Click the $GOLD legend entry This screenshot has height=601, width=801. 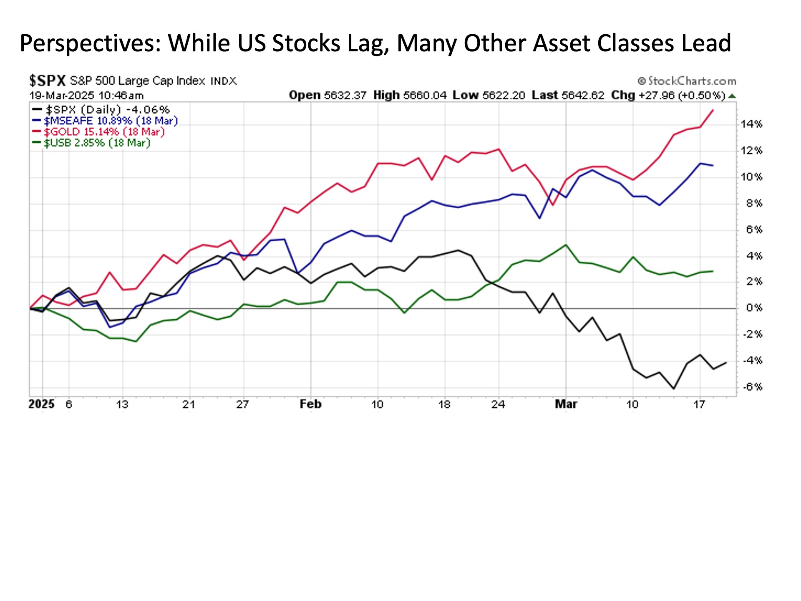coord(104,132)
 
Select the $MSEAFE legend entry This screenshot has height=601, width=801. coord(111,121)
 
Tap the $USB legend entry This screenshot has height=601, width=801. coord(97,143)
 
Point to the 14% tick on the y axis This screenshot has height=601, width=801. coord(751,124)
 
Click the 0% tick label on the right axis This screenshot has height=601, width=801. coord(754,308)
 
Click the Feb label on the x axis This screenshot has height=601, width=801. coord(310,404)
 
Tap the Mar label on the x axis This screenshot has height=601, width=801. coord(566,404)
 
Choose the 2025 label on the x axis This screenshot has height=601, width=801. coord(41,404)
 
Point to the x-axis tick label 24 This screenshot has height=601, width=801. coord(498,404)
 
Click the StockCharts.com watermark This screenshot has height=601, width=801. coord(687,81)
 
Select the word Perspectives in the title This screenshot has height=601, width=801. coord(90,43)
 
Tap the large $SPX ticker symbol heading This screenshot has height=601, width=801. coord(47,80)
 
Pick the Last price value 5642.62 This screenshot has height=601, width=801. coord(582,95)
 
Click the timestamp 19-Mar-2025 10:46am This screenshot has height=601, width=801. coord(86,95)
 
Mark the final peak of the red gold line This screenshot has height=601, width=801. coord(713,110)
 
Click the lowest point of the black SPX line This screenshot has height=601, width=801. coord(673,389)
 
